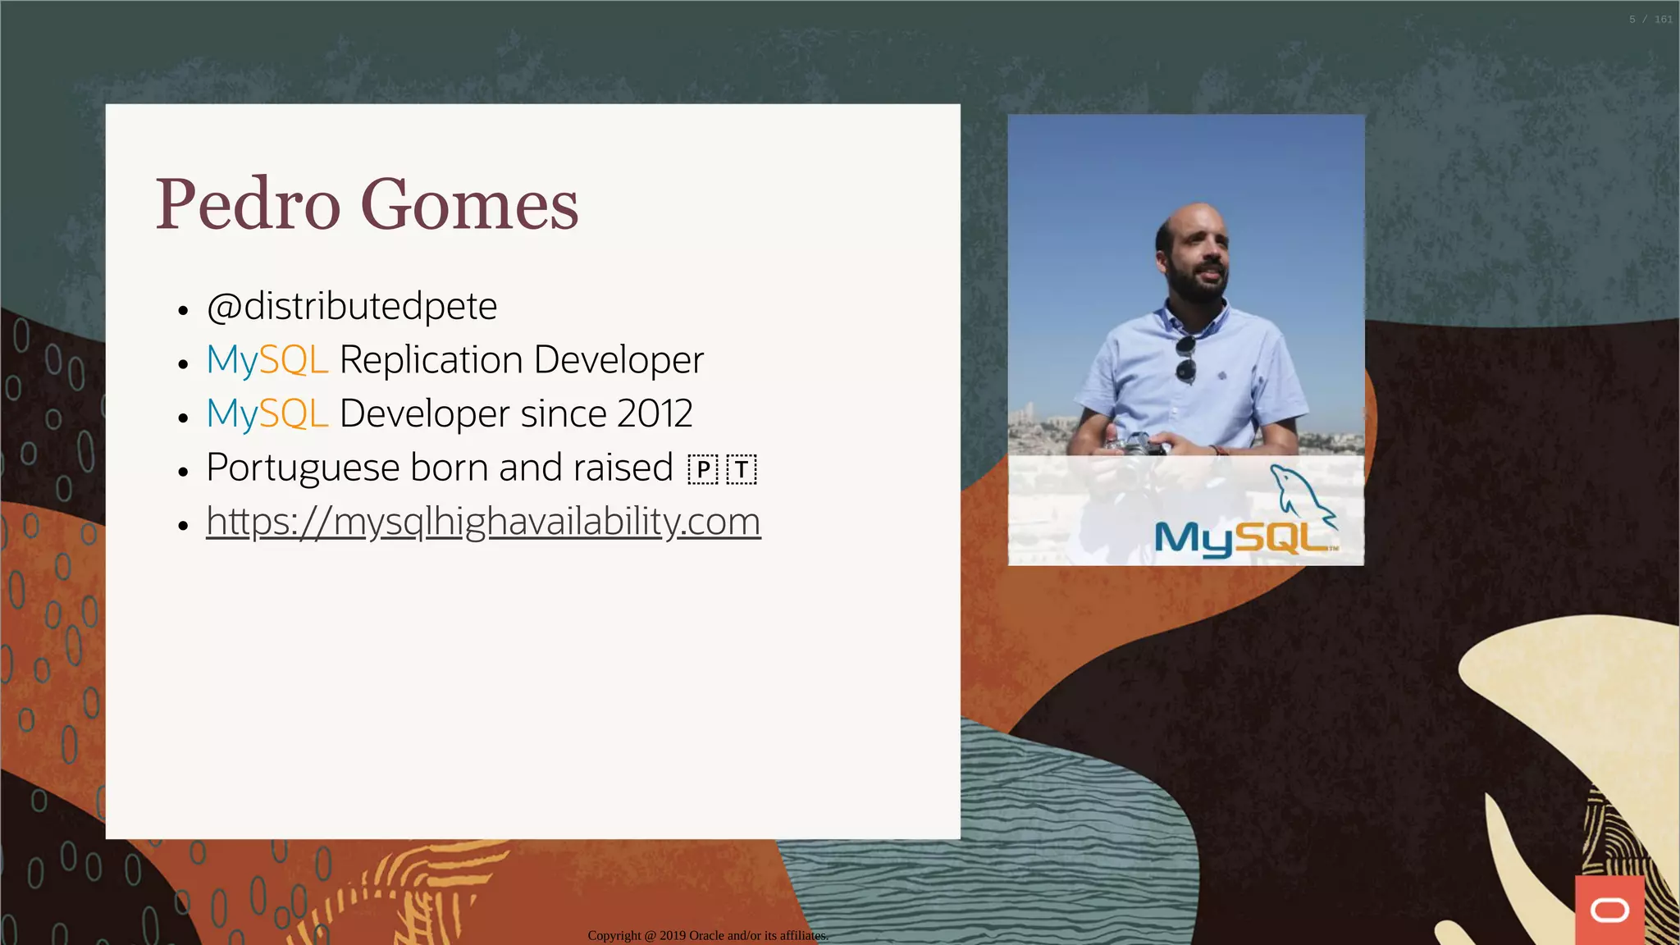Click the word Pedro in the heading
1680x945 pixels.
click(x=248, y=205)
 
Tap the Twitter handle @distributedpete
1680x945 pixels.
click(x=351, y=307)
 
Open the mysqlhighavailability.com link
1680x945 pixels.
click(x=483, y=522)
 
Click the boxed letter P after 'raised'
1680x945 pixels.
click(x=703, y=470)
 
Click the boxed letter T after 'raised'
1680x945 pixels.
click(x=742, y=470)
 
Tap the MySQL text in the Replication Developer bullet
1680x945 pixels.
click(x=267, y=360)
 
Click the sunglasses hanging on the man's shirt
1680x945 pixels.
click(x=1186, y=358)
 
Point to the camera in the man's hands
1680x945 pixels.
click(x=1136, y=446)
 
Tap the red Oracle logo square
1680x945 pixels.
click(x=1609, y=910)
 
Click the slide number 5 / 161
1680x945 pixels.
click(x=1650, y=19)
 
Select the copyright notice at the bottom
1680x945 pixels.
click(x=707, y=935)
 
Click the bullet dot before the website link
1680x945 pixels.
click(x=183, y=525)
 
